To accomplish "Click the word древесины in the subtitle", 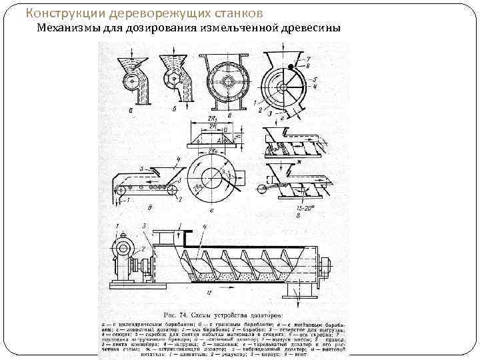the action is click(x=308, y=28).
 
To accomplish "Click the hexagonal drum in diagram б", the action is click(x=173, y=79).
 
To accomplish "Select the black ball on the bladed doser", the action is click(x=292, y=67).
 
